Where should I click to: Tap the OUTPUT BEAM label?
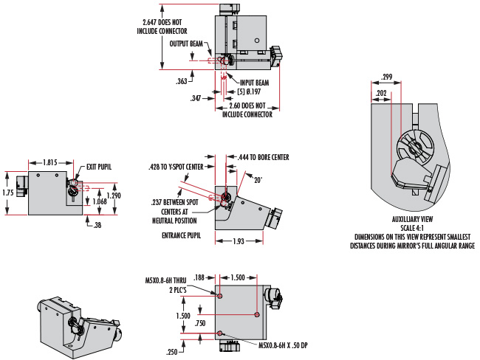(186, 44)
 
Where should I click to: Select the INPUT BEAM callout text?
(254, 83)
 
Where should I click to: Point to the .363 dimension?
(181, 81)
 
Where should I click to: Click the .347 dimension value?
(196, 98)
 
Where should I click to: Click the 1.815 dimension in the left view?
(50, 162)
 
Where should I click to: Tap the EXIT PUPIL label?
(99, 167)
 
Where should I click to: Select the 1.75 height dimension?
(8, 193)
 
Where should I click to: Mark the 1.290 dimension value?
(114, 195)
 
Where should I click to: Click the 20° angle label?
(258, 180)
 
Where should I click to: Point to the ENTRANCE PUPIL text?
(181, 235)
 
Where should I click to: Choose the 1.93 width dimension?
(239, 241)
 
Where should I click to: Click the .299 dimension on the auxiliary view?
(387, 77)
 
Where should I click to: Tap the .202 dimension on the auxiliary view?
(381, 93)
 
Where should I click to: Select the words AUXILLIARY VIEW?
(412, 219)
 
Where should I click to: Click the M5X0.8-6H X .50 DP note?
(283, 346)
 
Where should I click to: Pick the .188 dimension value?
(199, 277)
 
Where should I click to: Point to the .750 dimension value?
(200, 323)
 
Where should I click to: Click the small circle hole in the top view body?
(257, 41)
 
